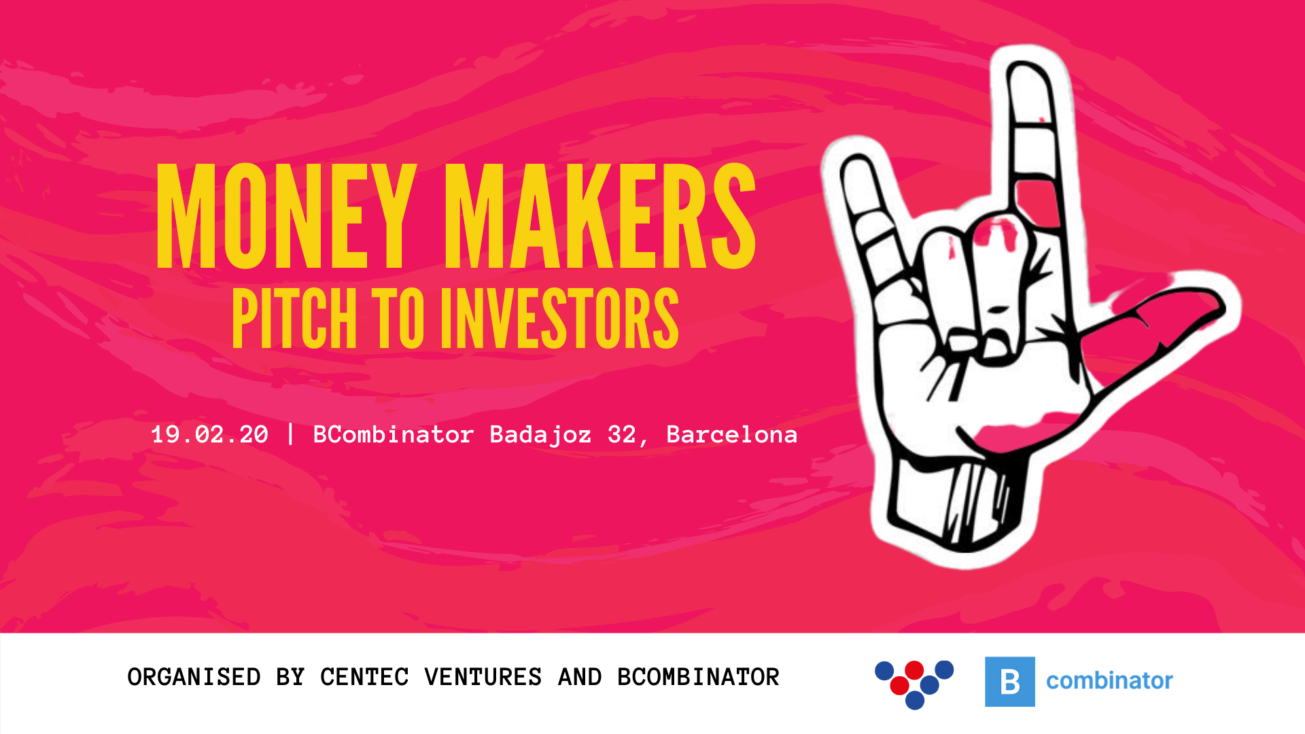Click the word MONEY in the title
[x=286, y=216]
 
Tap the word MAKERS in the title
[x=600, y=216]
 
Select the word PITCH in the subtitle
[x=294, y=318]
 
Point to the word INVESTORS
[x=559, y=318]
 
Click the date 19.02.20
[x=209, y=434]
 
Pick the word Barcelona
[x=731, y=434]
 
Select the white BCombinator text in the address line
[x=393, y=434]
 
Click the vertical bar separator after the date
[x=291, y=434]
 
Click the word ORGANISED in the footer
[x=194, y=677]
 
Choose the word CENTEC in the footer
[x=364, y=677]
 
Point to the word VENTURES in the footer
[x=483, y=677]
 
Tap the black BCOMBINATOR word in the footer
[x=698, y=677]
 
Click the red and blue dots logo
[x=914, y=684]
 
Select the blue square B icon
[x=1010, y=682]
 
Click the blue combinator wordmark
[x=1109, y=680]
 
